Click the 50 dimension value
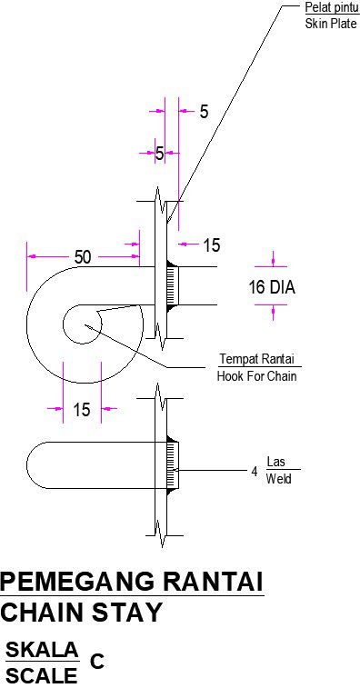pos(83,257)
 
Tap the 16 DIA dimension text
pos(272,287)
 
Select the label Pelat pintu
pos(332,7)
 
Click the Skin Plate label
pos(331,24)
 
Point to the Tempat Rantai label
pos(257,359)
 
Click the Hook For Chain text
pos(256,376)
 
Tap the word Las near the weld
pos(275,462)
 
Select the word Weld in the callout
pos(278,479)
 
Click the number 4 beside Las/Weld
pos(255,472)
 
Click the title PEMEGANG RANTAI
pos(132,582)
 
